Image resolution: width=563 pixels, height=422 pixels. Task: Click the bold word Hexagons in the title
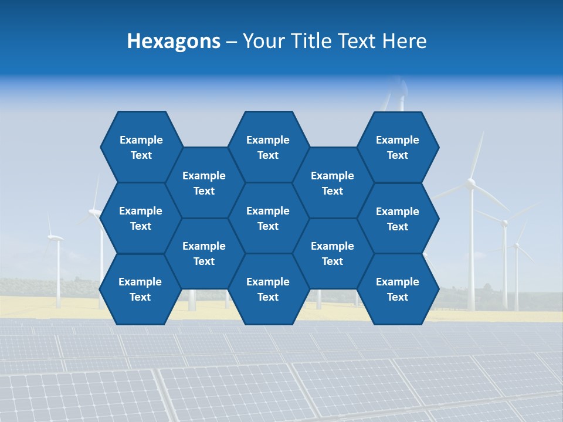174,41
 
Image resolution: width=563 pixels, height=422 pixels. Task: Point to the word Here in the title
404,41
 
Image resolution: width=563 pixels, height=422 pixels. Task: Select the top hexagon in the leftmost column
141,147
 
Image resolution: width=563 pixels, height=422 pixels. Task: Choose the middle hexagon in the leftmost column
141,218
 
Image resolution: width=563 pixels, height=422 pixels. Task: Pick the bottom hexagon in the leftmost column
140,289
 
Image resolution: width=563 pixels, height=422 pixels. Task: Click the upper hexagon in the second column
204,183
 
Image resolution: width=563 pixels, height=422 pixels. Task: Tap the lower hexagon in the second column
204,253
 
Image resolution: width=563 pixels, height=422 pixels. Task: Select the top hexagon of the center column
268,147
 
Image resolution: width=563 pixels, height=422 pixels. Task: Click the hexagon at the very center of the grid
268,218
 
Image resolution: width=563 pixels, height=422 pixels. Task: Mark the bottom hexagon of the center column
268,289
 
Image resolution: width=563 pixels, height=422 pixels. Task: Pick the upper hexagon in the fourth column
333,183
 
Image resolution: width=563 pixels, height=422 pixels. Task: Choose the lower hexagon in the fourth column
333,253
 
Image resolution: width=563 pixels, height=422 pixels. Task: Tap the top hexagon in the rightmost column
398,147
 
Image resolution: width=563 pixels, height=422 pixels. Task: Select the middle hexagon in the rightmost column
398,219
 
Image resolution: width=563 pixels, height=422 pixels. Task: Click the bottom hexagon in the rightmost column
398,289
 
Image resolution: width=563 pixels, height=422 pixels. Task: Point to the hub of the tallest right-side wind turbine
471,183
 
